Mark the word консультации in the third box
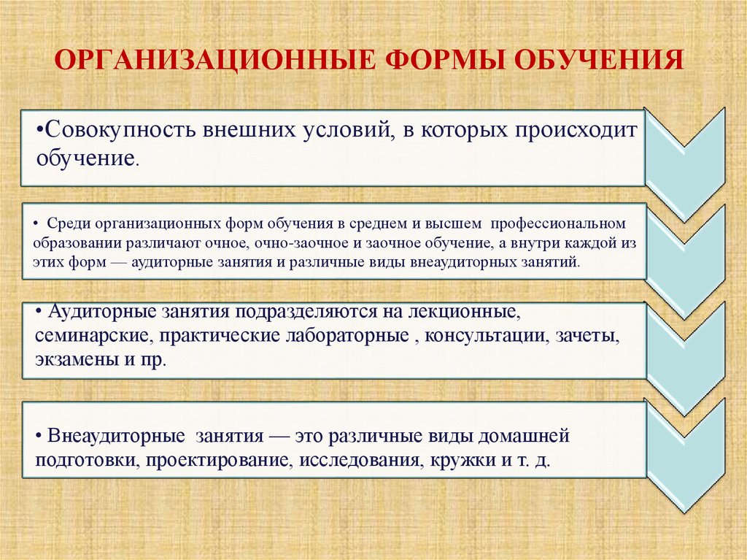[x=497, y=337]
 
